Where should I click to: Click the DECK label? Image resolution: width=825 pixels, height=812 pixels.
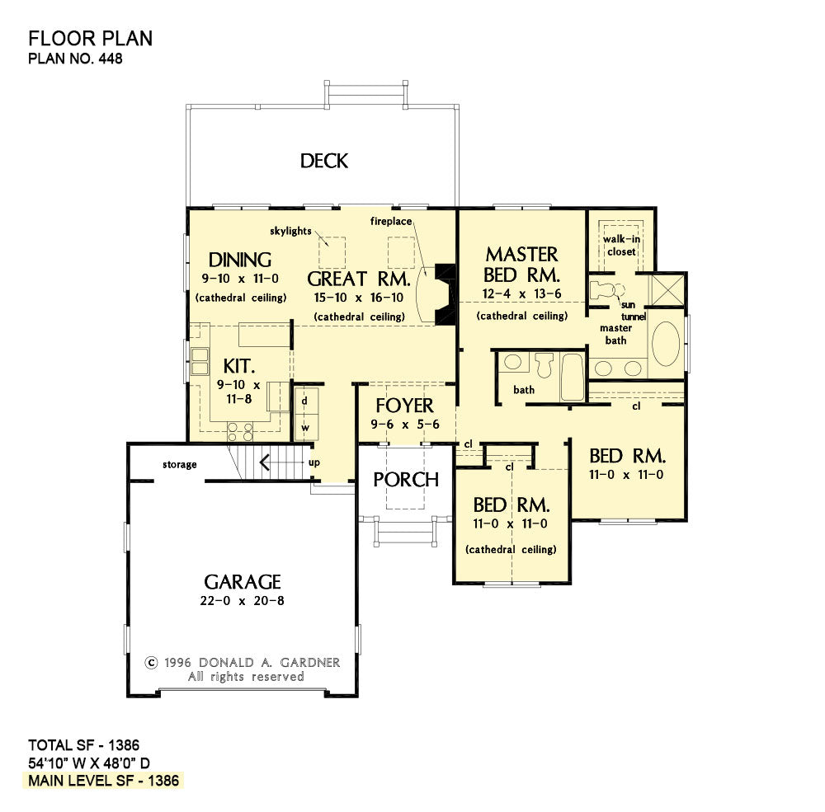click(323, 161)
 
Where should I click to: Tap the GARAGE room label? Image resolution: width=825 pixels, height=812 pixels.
click(243, 582)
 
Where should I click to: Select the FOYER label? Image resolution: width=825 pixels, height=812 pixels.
click(404, 406)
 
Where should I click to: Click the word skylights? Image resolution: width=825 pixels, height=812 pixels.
click(290, 231)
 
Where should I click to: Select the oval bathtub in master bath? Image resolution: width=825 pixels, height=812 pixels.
click(667, 344)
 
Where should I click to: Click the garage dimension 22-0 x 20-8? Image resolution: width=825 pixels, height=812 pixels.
click(243, 601)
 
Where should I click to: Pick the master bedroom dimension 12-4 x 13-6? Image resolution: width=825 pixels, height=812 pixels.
click(521, 294)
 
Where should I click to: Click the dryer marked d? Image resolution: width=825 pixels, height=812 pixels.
click(304, 401)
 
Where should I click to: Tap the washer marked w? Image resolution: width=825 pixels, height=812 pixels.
click(304, 428)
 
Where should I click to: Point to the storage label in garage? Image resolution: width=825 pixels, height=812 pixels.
click(179, 465)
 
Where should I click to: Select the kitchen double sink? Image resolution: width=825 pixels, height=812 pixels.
click(199, 361)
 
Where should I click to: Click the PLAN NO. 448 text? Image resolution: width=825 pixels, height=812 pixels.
click(75, 59)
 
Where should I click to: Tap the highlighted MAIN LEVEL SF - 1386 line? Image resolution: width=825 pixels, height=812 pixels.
click(104, 780)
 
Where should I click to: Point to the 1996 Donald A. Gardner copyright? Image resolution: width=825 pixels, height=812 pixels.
click(242, 662)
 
